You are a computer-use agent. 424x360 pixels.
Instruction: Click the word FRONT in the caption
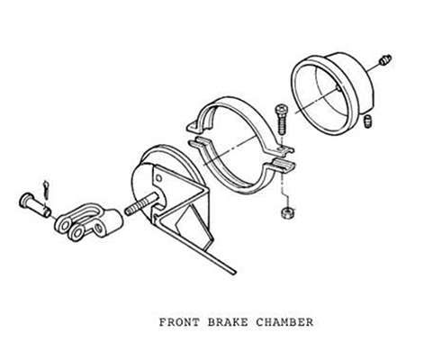pyautogui.click(x=179, y=322)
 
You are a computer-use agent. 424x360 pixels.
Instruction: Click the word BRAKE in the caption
pyautogui.click(x=228, y=322)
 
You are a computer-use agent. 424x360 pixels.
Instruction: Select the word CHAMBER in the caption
pyautogui.click(x=284, y=322)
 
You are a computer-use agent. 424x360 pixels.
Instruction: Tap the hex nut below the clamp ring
pyautogui.click(x=287, y=213)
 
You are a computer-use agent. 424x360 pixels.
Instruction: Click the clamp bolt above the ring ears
pyautogui.click(x=282, y=119)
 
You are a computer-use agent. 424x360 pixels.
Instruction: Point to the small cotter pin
pyautogui.click(x=46, y=189)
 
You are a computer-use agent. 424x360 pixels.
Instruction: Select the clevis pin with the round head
pyautogui.click(x=34, y=204)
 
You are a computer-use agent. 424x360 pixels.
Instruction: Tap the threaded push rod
pyautogui.click(x=141, y=204)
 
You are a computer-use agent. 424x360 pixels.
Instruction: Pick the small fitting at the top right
pyautogui.click(x=385, y=60)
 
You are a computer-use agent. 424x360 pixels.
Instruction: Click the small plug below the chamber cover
pyautogui.click(x=368, y=121)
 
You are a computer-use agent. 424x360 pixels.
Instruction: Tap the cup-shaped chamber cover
pyautogui.click(x=333, y=93)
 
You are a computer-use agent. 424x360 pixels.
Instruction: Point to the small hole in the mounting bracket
pyautogui.click(x=159, y=179)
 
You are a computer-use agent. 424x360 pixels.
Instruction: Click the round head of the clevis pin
pyautogui.click(x=25, y=199)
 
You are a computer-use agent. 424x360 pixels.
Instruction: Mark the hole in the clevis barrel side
pyautogui.click(x=98, y=229)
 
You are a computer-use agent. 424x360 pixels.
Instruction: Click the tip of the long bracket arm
pyautogui.click(x=235, y=273)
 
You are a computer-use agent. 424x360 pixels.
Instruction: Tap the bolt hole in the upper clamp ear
pyautogui.click(x=281, y=148)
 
